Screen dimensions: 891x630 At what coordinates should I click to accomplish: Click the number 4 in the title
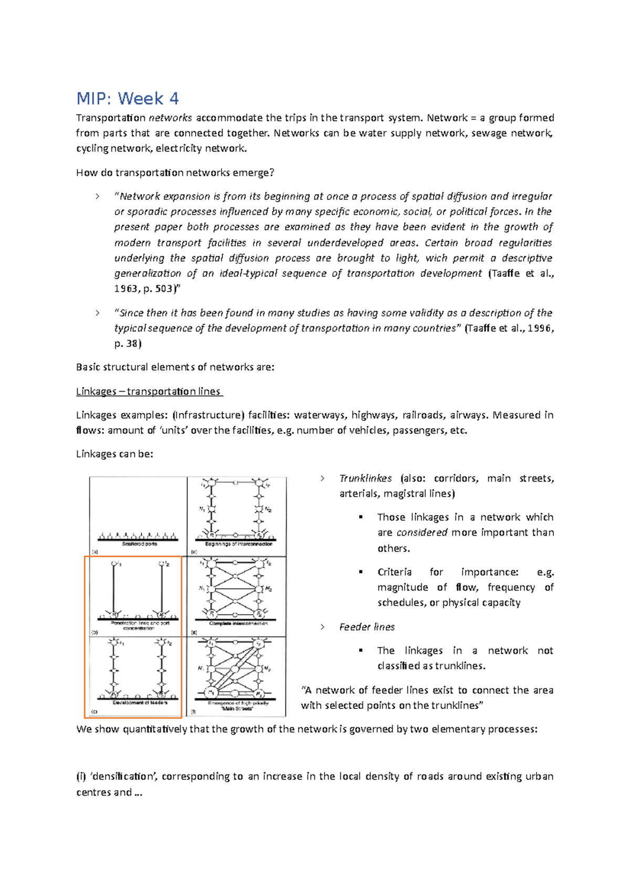click(174, 99)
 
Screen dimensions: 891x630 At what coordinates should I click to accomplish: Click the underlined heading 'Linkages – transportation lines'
click(150, 391)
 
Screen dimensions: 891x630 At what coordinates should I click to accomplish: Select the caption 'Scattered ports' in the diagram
click(140, 544)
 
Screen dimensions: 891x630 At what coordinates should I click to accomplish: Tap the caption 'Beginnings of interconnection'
click(238, 544)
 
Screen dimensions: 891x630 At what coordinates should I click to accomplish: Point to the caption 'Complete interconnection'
click(238, 624)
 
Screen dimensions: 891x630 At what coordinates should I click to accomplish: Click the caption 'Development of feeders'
click(140, 702)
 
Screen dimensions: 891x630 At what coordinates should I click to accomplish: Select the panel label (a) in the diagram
click(95, 552)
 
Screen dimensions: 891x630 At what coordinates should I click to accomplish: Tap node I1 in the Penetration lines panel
click(115, 564)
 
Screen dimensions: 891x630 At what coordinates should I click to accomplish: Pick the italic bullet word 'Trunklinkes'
click(365, 479)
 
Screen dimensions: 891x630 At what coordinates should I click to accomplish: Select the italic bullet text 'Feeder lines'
click(367, 627)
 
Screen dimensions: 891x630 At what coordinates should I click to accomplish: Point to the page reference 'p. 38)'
click(128, 344)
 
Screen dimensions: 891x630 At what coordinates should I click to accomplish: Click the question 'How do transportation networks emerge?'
click(175, 173)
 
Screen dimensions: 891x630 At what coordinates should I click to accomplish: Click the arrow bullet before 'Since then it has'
click(98, 313)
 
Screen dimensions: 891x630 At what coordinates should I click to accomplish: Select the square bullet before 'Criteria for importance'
click(361, 572)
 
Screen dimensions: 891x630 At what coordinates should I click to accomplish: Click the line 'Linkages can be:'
click(114, 454)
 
